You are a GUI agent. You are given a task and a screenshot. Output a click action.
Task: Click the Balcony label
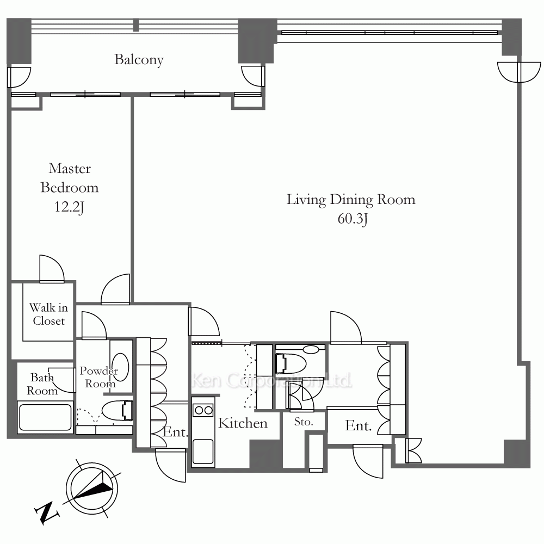[x=139, y=60]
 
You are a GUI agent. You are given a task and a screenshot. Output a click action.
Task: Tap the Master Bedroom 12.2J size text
[x=70, y=207]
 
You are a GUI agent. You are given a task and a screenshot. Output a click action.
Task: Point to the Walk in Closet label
[x=48, y=314]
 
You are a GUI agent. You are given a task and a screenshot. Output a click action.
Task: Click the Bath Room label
[x=42, y=384]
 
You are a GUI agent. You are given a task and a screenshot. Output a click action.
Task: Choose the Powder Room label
[x=99, y=377]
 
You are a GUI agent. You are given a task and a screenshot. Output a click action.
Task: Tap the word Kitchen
[x=243, y=423]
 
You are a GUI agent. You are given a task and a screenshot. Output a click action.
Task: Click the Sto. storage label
[x=304, y=422]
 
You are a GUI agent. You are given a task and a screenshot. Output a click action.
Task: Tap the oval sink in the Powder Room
[x=121, y=367]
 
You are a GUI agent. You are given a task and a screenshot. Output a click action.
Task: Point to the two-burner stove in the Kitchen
[x=203, y=411]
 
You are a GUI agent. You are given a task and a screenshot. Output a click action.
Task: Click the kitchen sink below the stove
[x=203, y=452]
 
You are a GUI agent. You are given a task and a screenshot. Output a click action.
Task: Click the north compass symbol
[x=92, y=489]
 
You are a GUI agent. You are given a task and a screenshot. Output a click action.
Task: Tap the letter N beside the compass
[x=46, y=512]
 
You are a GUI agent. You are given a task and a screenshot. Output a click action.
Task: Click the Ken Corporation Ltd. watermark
[x=271, y=381]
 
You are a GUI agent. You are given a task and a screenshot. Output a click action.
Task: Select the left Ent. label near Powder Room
[x=175, y=432]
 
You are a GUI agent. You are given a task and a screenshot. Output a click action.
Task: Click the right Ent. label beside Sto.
[x=358, y=426]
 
